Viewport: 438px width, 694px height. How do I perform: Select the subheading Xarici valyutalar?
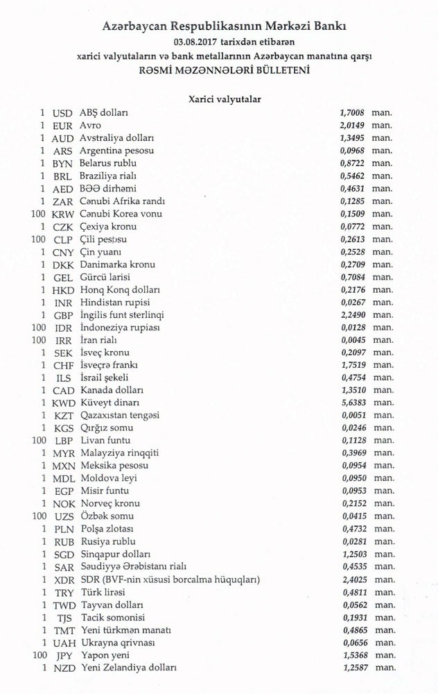[225, 99]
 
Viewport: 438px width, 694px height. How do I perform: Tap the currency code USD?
[62, 112]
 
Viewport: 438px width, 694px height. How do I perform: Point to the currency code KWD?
[63, 403]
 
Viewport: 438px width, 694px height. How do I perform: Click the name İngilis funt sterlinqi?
[121, 314]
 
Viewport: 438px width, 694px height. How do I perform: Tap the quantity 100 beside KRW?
[39, 214]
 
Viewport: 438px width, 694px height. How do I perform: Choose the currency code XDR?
[63, 579]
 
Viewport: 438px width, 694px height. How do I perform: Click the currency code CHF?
[63, 365]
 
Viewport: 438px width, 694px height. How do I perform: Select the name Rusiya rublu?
[107, 541]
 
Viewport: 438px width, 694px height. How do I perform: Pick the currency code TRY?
[63, 592]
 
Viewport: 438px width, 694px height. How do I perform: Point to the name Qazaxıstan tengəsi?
[120, 415]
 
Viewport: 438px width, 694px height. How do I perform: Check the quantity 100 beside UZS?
[39, 516]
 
